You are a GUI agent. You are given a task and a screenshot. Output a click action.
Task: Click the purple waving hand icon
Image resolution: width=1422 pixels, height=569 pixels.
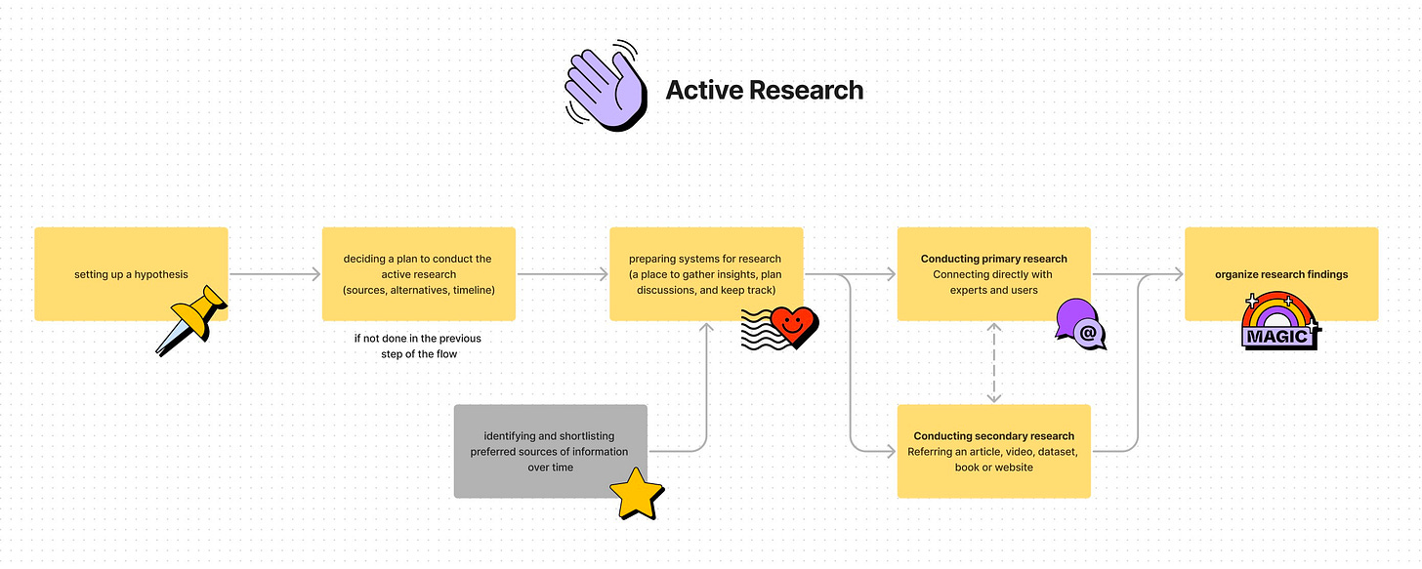606,86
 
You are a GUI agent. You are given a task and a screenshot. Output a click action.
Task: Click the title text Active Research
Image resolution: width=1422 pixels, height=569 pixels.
765,90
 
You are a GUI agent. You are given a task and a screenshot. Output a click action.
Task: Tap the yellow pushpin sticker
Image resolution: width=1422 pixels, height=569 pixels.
191,320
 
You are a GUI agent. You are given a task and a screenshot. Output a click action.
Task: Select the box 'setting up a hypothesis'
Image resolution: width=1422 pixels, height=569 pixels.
132,274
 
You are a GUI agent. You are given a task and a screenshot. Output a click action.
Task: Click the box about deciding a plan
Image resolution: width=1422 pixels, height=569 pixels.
419,274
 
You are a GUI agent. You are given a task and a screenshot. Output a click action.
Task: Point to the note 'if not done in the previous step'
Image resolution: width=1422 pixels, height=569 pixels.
418,346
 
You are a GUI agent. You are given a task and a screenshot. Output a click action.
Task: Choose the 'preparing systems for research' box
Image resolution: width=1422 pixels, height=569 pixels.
706,274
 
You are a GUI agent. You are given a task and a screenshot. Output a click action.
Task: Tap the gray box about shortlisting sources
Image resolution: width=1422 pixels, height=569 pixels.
551,451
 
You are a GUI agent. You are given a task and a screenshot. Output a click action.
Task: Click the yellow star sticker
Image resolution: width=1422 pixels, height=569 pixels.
637,494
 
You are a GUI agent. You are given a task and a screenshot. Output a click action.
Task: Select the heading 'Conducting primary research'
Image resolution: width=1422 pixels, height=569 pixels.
994,259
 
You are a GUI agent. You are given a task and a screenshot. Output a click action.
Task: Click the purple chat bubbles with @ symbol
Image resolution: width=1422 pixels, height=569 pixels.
1080,324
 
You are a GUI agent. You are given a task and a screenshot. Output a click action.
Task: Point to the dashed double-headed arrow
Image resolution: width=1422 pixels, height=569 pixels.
994,363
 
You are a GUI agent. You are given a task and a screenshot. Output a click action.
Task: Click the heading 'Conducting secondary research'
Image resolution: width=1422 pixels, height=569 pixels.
994,436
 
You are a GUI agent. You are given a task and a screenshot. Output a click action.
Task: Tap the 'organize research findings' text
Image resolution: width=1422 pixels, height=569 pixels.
1281,274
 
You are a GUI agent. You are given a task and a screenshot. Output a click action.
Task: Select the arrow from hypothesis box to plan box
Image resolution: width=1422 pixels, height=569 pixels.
274,274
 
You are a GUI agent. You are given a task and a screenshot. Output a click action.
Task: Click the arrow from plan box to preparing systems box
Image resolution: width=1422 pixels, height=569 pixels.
563,274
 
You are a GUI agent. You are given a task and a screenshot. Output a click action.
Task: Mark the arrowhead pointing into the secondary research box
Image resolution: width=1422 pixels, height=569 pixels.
890,451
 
